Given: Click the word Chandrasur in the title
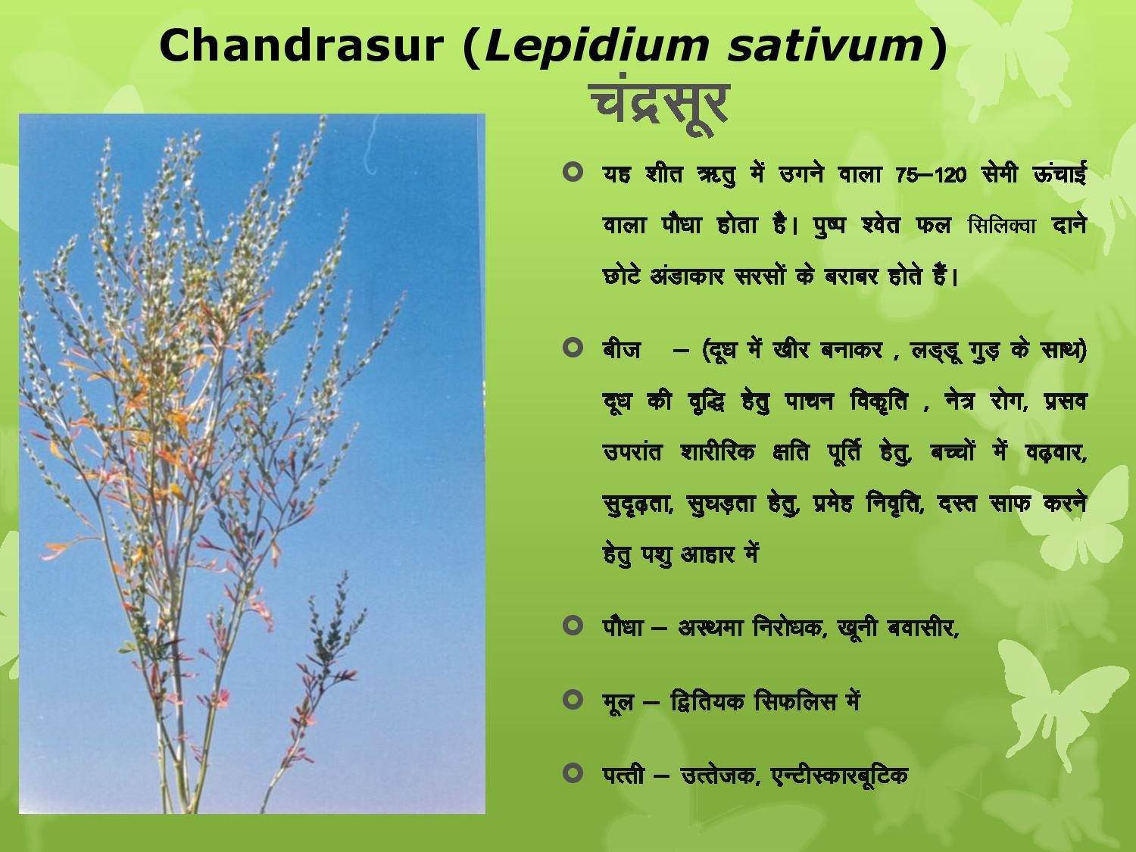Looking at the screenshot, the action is click(x=301, y=45).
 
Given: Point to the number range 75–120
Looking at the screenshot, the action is click(x=931, y=176).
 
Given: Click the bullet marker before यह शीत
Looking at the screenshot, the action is click(x=572, y=172).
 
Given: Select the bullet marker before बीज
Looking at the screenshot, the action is click(x=572, y=347).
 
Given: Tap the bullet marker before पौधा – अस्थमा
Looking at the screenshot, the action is click(x=572, y=626).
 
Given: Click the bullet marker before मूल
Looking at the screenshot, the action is click(x=572, y=700).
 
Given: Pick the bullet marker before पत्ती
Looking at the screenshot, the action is click(x=572, y=773).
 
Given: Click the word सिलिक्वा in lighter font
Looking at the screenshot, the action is click(x=1002, y=226).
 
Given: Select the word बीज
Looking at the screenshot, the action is click(x=621, y=349).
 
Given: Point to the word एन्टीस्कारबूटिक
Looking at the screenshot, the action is click(x=839, y=776).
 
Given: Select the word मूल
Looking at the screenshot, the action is click(x=618, y=703).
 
